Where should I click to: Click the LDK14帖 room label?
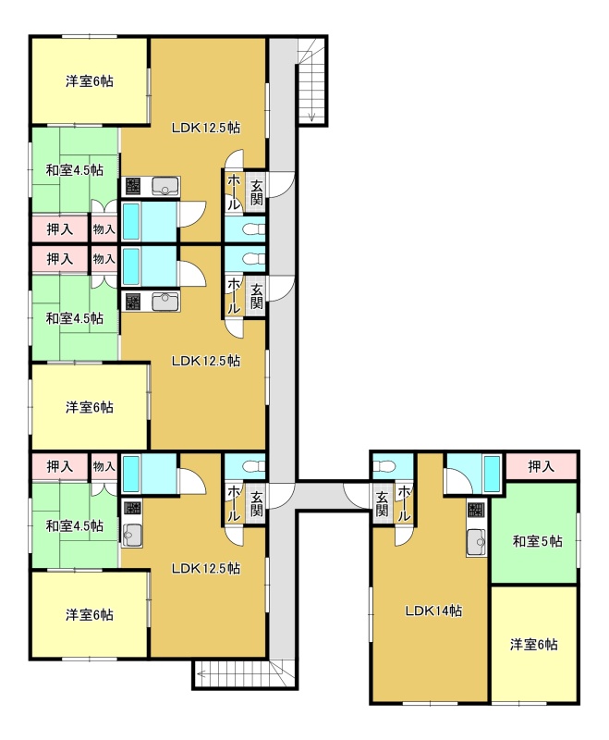click(x=433, y=610)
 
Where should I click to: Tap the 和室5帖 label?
click(x=537, y=541)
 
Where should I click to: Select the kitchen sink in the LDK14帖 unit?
click(x=477, y=542)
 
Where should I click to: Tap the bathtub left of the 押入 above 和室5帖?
click(x=493, y=474)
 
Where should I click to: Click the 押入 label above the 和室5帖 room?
click(x=541, y=466)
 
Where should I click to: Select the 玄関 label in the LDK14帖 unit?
click(x=382, y=503)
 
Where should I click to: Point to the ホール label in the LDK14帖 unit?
click(x=404, y=503)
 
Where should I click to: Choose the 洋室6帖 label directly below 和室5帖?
click(x=533, y=644)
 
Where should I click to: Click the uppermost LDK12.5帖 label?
click(x=206, y=128)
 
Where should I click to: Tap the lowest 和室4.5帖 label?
click(x=75, y=525)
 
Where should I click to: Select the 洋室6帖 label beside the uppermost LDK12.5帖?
click(x=89, y=81)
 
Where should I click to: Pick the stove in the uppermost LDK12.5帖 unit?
click(x=132, y=187)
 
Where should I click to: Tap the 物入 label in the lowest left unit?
click(x=104, y=466)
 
